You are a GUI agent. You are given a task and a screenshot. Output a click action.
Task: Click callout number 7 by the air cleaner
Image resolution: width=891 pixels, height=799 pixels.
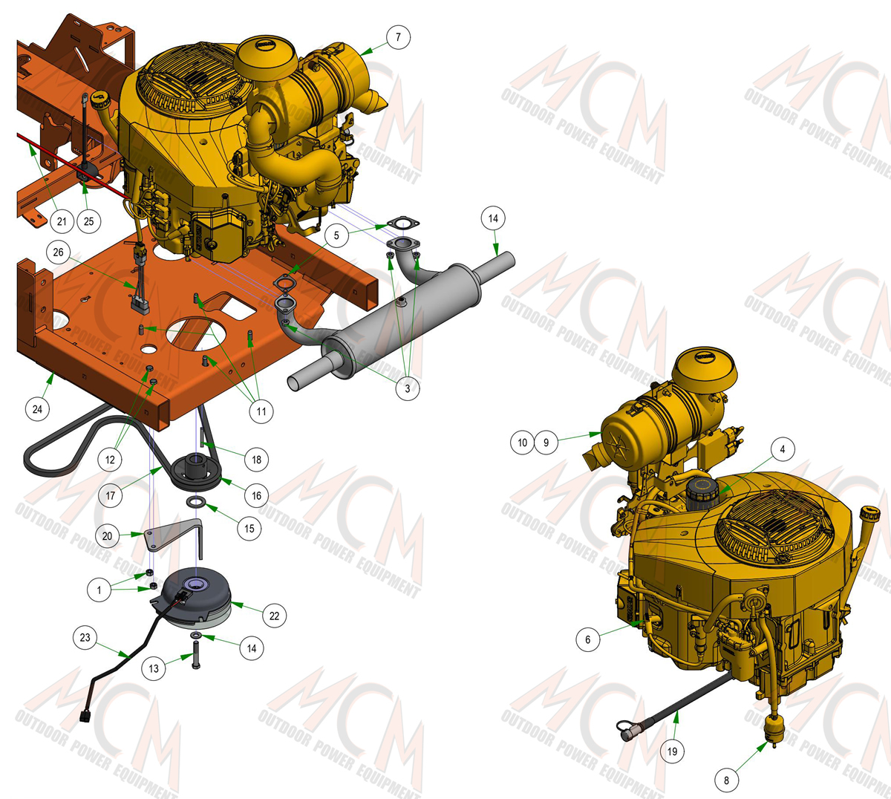[398, 37]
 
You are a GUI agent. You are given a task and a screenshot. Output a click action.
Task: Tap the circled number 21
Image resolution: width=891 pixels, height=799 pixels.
[62, 221]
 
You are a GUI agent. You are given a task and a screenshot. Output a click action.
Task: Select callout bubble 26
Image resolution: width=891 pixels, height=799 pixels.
[58, 252]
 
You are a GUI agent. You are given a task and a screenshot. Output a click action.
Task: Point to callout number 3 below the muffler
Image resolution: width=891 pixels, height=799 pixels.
[408, 388]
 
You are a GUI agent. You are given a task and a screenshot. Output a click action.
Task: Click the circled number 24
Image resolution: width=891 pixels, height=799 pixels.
[37, 409]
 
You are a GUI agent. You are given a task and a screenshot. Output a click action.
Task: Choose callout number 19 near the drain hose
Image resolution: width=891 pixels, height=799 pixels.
[673, 751]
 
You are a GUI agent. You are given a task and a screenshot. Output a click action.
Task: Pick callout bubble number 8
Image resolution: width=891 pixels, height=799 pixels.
[726, 780]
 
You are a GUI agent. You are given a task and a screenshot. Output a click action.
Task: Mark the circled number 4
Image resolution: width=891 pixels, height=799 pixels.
[783, 449]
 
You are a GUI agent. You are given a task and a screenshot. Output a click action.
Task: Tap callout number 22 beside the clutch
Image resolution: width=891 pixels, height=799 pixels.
[274, 616]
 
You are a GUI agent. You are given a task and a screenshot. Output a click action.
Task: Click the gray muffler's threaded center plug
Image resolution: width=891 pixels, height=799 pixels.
[401, 301]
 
